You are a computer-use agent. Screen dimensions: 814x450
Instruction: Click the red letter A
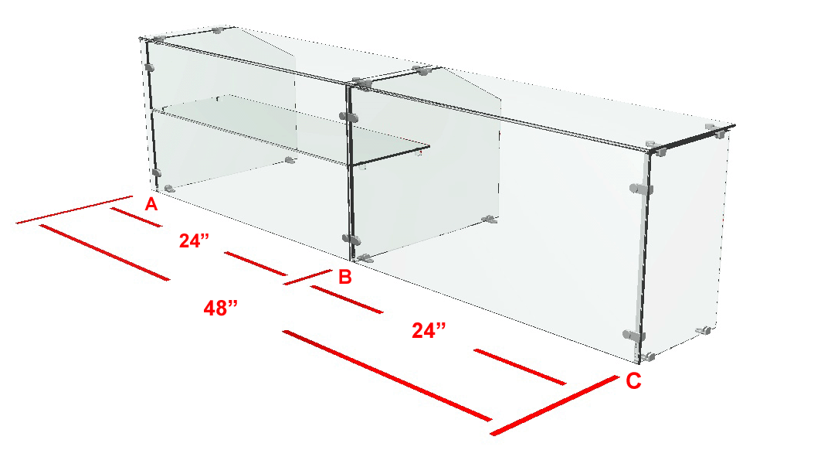point(151,204)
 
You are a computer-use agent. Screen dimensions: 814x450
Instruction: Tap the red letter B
point(345,277)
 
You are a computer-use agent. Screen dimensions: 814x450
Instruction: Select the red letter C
point(633,381)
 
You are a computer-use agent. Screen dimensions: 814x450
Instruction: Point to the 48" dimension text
point(220,309)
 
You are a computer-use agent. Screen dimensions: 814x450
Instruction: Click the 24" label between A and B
point(194,240)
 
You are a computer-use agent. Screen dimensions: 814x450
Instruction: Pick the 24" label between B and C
point(429,330)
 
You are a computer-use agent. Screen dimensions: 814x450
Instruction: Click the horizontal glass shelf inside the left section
point(290,130)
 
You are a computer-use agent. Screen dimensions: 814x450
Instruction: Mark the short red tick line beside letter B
point(307,278)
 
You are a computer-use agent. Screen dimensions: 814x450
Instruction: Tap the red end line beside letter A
point(74,210)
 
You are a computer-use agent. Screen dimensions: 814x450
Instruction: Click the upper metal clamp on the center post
point(348,117)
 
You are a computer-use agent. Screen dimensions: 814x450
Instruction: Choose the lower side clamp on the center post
point(351,240)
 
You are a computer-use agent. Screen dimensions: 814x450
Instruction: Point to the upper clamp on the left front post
point(150,67)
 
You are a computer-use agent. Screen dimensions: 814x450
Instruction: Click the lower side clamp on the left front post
point(156,172)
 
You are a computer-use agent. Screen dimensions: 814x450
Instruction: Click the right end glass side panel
point(685,244)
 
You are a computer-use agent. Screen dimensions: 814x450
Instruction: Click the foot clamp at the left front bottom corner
point(168,189)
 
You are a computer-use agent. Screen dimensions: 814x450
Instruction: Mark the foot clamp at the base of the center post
point(365,258)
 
